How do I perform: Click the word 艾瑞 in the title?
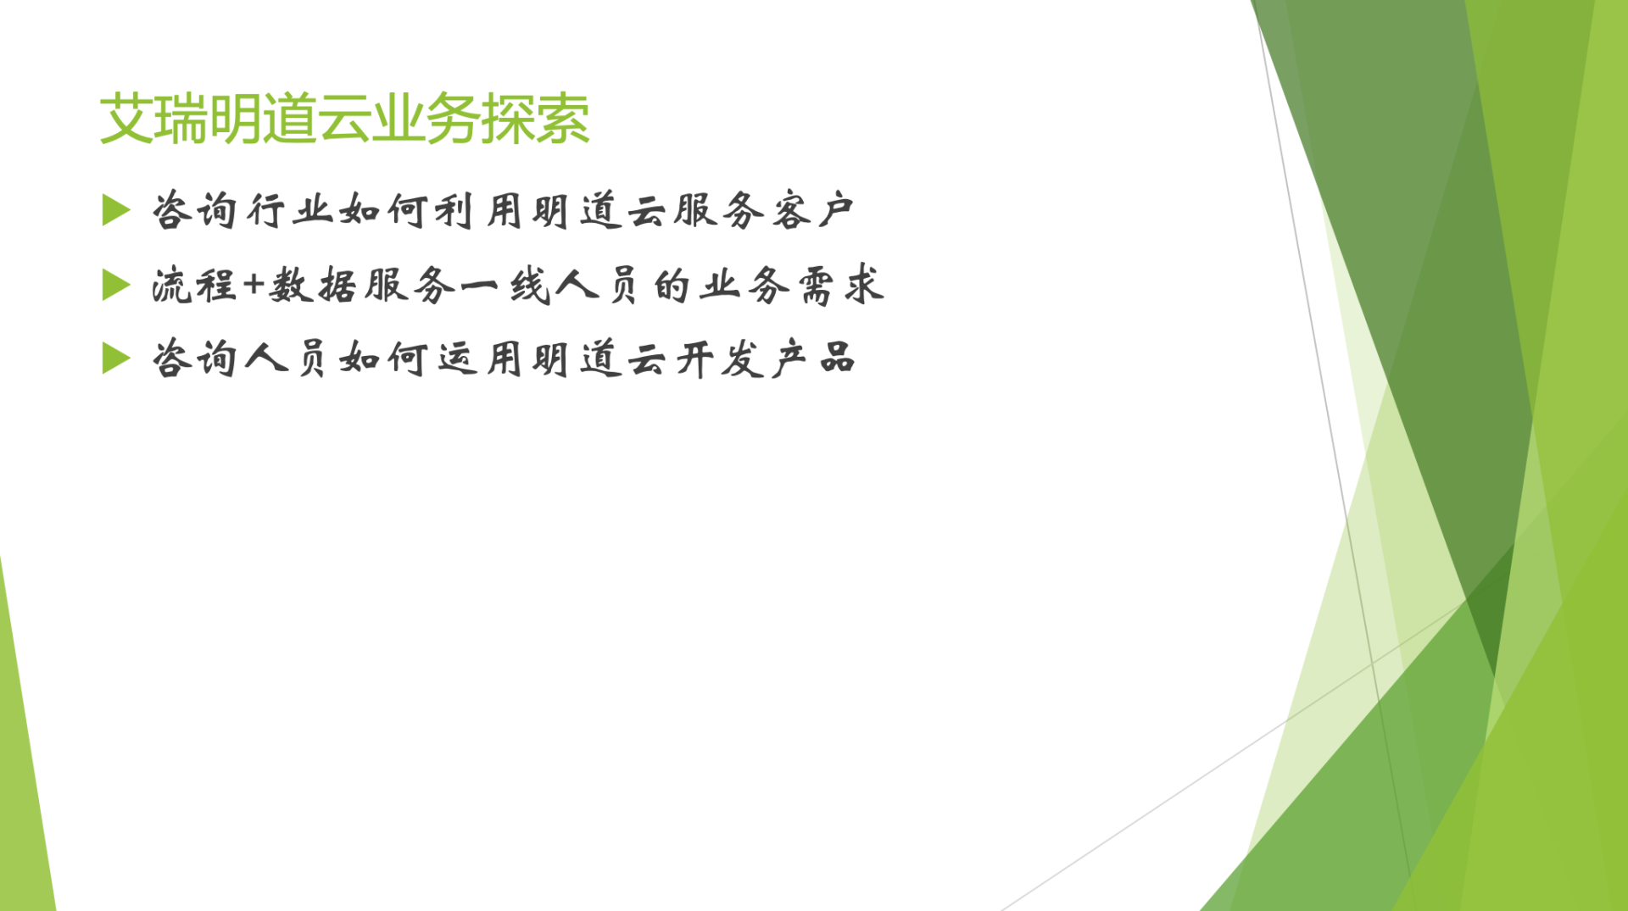coord(153,119)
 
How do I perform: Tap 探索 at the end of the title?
coord(535,119)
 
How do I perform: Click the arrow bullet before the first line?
coord(116,210)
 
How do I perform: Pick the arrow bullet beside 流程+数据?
coord(116,285)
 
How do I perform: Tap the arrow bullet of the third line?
coord(116,358)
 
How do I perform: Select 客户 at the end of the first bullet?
coord(812,210)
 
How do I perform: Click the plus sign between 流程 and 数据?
coord(254,285)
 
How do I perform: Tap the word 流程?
coord(194,285)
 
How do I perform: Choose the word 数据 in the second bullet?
coord(313,285)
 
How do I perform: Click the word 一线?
coord(507,286)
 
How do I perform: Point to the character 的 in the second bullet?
coord(672,286)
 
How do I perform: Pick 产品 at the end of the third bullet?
coord(812,358)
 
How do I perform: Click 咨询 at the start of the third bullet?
coord(194,358)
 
